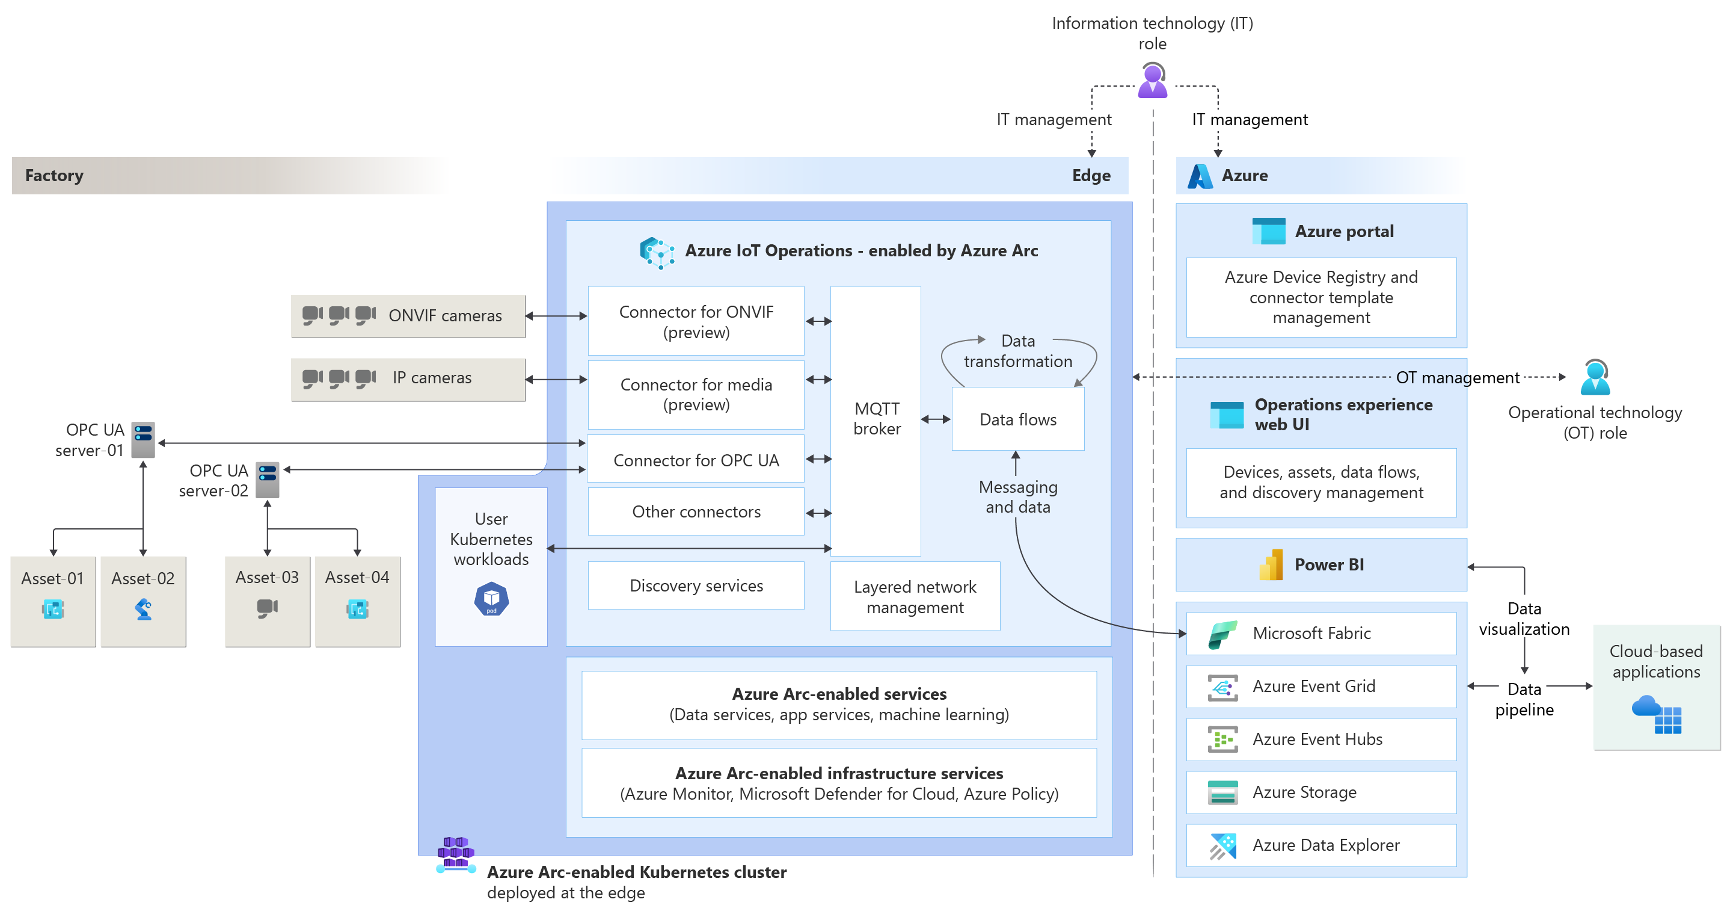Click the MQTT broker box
point(876,419)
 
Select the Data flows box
point(1017,419)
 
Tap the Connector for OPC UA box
point(696,460)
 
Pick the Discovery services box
point(696,585)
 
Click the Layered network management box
point(915,597)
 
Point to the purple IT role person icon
point(1152,81)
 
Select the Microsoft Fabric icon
point(1222,634)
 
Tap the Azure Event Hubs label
point(1317,739)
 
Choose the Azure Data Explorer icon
point(1222,845)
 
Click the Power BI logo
point(1271,565)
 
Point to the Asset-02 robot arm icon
point(143,610)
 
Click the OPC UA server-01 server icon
point(143,440)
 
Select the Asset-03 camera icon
point(267,608)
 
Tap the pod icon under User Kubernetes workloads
point(491,599)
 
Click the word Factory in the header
point(54,175)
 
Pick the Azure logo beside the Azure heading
point(1200,176)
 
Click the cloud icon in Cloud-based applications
point(1646,706)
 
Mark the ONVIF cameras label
point(445,315)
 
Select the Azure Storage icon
point(1222,792)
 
